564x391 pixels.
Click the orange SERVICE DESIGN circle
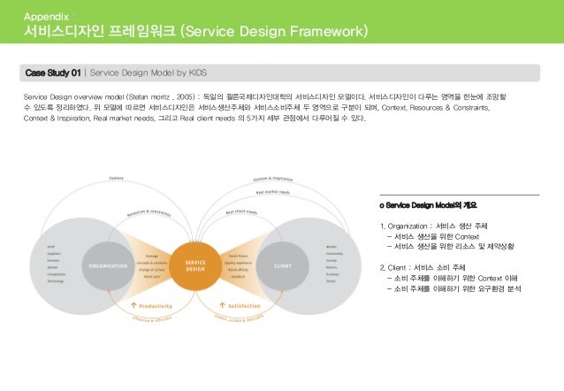(x=195, y=266)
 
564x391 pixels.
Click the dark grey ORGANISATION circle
(x=111, y=266)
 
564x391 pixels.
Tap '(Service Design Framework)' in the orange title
(x=273, y=34)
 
